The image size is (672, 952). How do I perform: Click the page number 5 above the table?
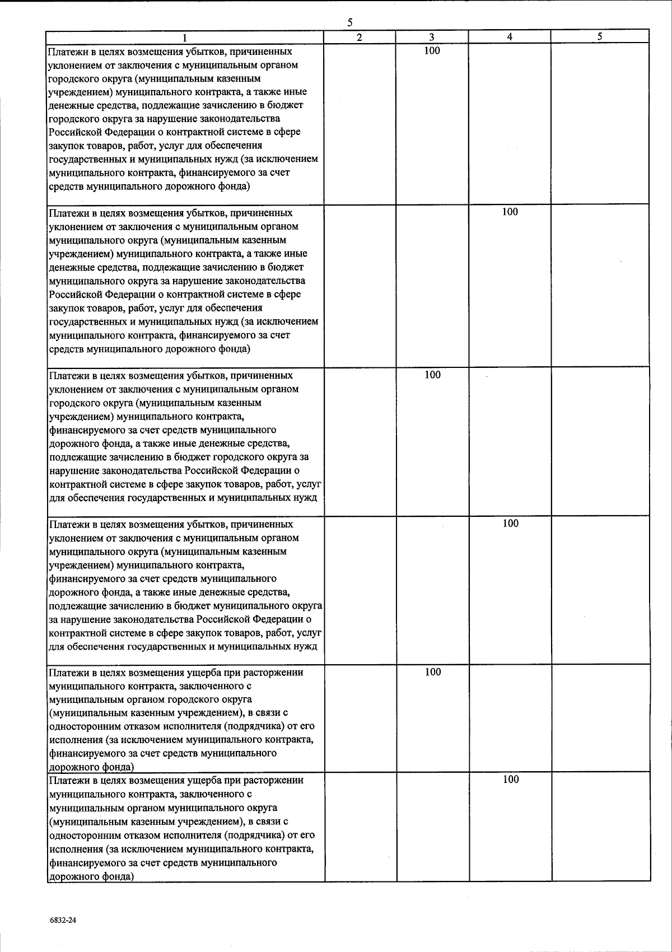tap(350, 23)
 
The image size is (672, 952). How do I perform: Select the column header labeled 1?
tap(185, 38)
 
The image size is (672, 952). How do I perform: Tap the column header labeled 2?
tap(360, 37)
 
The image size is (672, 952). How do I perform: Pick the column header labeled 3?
tap(432, 37)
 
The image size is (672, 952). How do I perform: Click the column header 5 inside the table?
tap(600, 37)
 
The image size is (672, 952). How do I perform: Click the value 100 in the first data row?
tap(432, 51)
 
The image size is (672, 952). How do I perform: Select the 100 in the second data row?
tap(510, 212)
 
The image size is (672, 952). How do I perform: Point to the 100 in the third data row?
tap(432, 375)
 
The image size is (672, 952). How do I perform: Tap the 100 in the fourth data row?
tap(510, 524)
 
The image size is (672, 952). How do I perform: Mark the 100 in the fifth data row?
tap(432, 673)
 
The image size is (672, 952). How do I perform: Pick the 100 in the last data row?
tap(510, 780)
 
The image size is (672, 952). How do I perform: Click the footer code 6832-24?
tap(62, 920)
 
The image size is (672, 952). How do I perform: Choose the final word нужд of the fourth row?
tap(306, 647)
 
